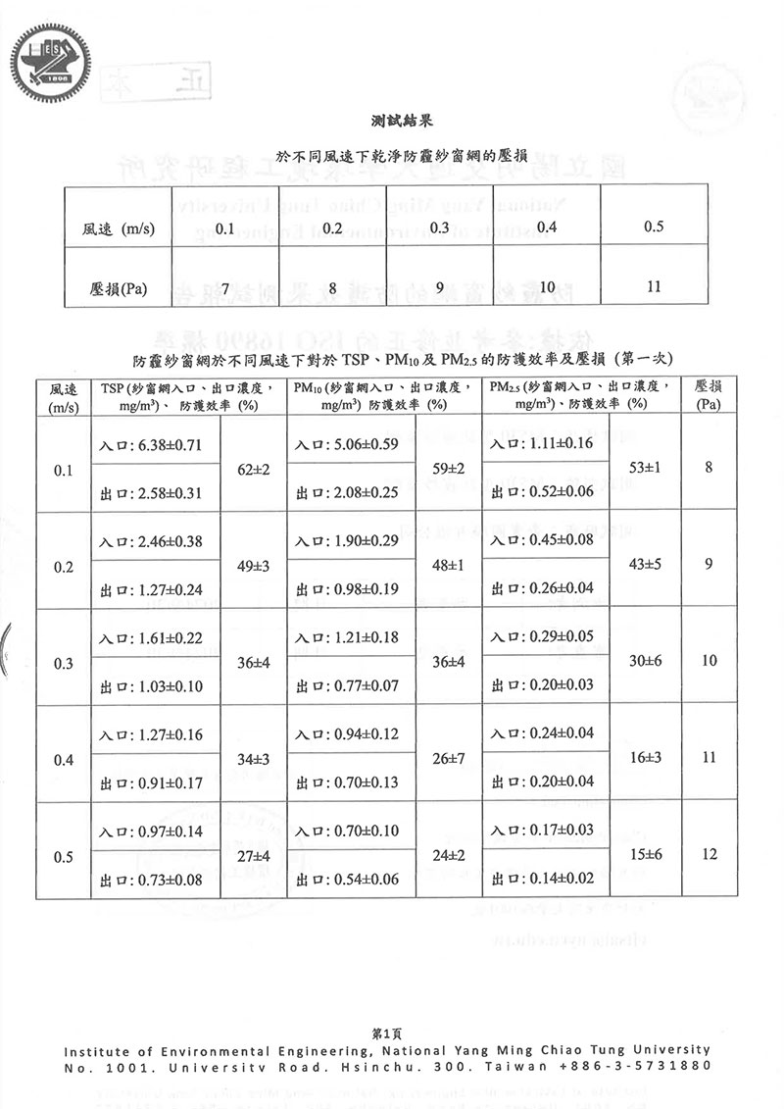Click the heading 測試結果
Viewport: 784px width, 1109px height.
coord(398,122)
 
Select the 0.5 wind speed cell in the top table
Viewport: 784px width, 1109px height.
coord(654,227)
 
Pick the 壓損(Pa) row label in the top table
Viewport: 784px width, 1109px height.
coord(118,287)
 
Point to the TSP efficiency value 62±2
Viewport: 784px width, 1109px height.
coord(254,470)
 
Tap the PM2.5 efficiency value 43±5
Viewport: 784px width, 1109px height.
coord(645,565)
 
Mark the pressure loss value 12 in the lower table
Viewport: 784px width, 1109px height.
coord(710,854)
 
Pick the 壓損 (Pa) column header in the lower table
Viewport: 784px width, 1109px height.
coord(710,394)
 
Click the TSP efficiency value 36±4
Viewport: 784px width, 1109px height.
coord(254,663)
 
